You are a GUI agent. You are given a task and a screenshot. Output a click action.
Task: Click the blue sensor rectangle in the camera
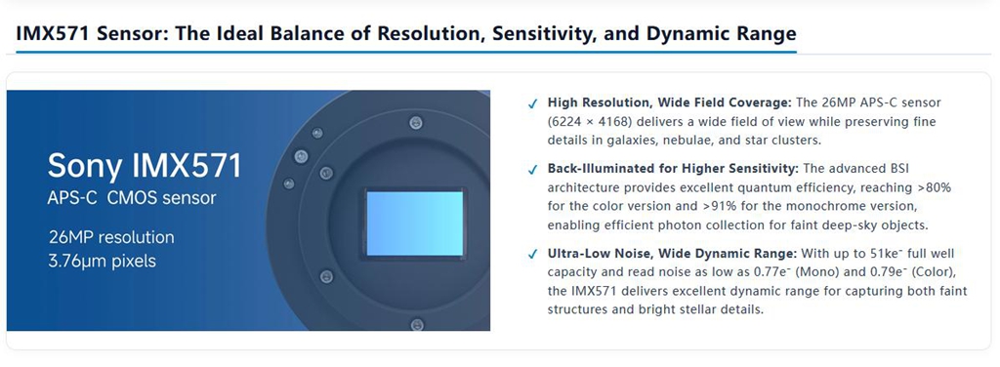414,224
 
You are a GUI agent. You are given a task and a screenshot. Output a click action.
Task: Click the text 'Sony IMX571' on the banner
145,166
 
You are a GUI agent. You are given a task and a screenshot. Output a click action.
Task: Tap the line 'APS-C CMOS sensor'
132,198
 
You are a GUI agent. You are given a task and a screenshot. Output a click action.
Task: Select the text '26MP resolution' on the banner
111,237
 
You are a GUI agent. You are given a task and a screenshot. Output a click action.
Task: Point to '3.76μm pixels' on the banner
102,262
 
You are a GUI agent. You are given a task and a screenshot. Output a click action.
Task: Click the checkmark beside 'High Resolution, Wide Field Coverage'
532,104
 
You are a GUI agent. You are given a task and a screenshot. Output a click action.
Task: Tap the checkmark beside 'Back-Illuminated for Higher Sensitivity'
532,170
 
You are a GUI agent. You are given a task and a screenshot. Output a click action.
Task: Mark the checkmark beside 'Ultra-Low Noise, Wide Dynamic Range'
532,255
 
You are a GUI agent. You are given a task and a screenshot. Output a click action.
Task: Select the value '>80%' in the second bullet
937,187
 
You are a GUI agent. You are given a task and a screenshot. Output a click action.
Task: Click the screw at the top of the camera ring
416,120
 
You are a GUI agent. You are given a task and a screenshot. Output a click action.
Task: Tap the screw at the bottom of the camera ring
416,324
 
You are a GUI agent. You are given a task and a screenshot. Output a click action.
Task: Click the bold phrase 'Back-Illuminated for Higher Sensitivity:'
673,169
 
